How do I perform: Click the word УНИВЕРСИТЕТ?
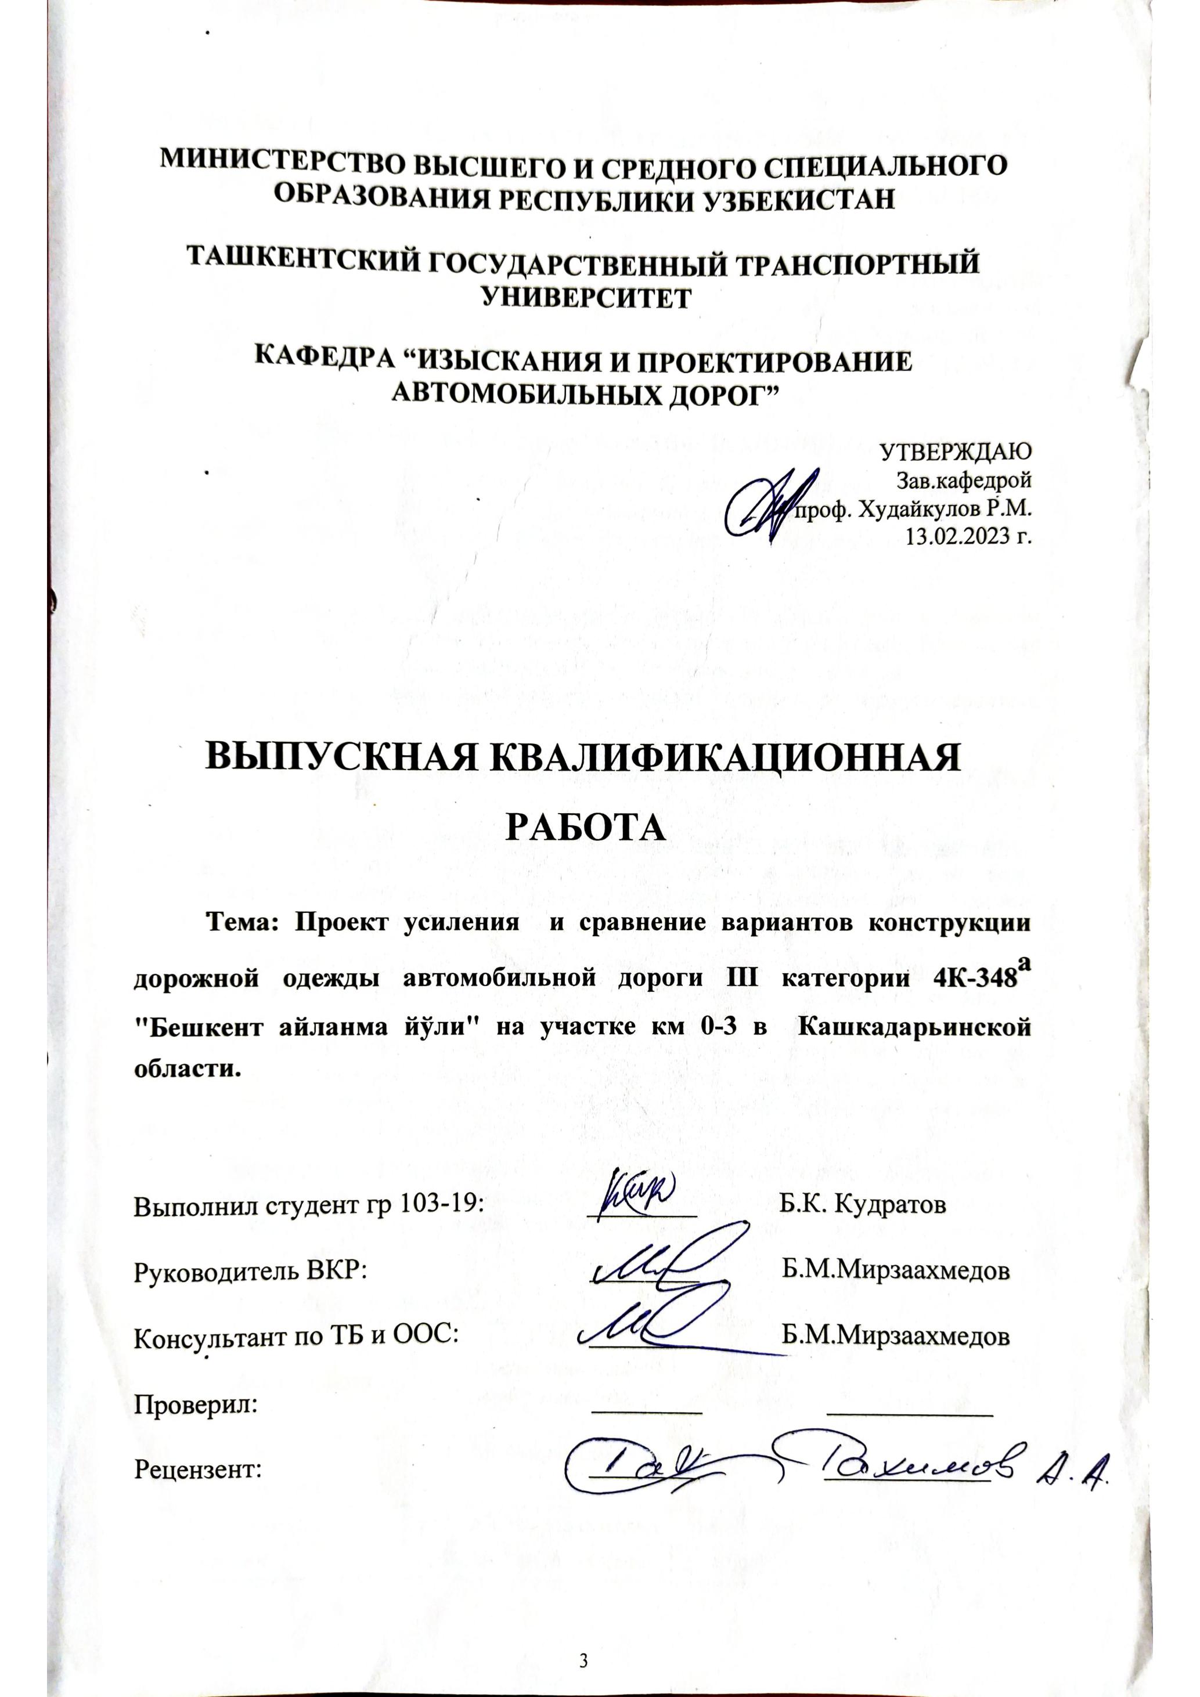586,297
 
